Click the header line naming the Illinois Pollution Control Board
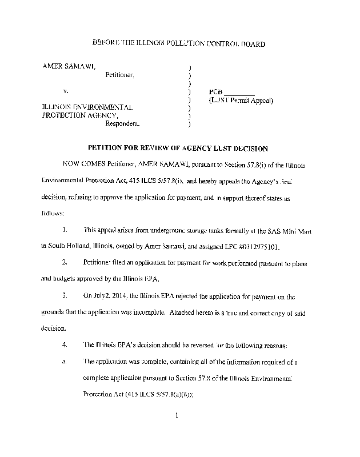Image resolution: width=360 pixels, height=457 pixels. pos(178,44)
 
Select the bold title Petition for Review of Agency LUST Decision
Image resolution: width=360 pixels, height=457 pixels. pos(178,149)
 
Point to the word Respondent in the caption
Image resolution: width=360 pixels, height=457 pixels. pos(122,123)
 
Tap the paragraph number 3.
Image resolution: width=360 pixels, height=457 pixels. pos(65,296)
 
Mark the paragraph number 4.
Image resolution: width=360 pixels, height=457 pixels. pos(65,345)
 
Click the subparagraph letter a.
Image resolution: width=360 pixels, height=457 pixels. pos(65,362)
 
